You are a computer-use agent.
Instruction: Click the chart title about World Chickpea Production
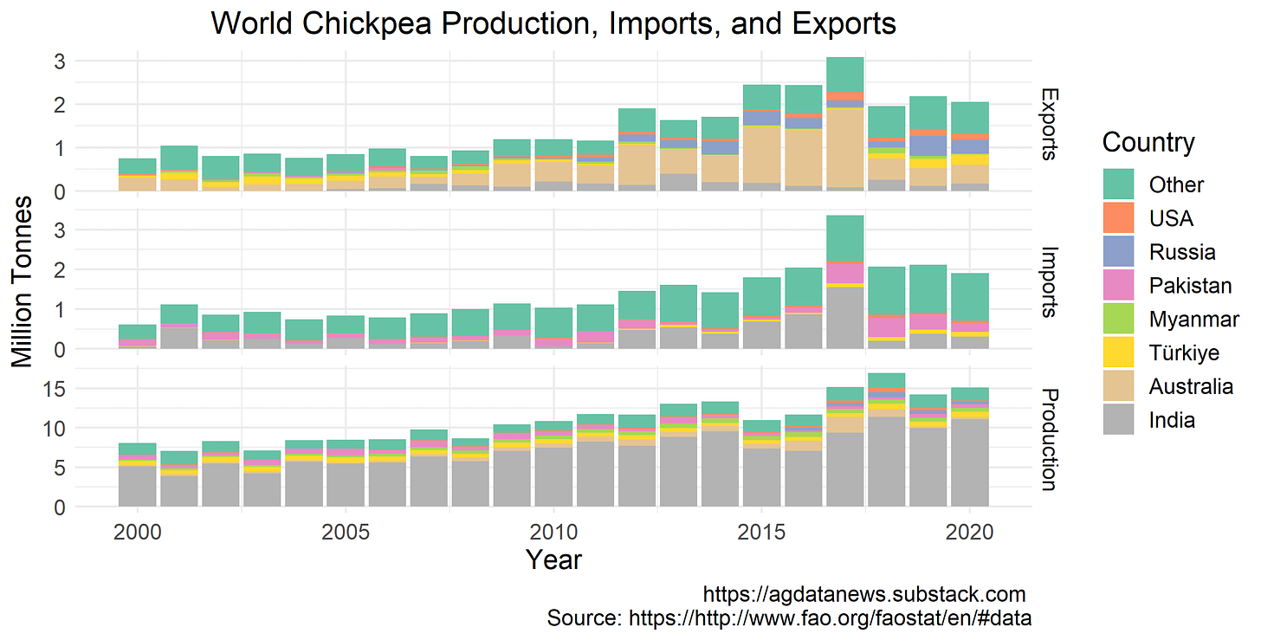coord(553,23)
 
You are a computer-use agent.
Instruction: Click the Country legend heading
coord(1148,142)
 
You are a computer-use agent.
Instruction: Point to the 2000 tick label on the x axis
coord(136,529)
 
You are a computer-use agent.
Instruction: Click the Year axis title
coord(553,560)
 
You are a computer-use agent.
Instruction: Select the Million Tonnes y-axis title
coord(23,281)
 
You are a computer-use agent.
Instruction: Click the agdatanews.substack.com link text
coord(863,595)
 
